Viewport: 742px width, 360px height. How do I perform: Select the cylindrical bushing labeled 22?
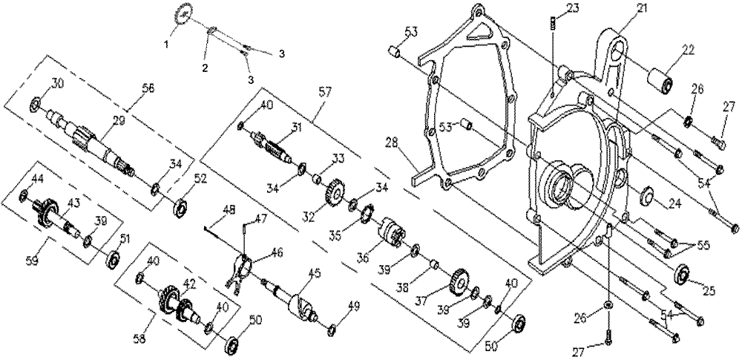tap(660, 81)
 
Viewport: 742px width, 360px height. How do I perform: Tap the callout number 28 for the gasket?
tap(393, 142)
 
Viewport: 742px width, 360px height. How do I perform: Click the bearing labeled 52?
tap(180, 208)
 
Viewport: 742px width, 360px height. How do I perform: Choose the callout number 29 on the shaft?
tap(118, 121)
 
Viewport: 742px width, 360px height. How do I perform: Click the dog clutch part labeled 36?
tap(392, 231)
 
